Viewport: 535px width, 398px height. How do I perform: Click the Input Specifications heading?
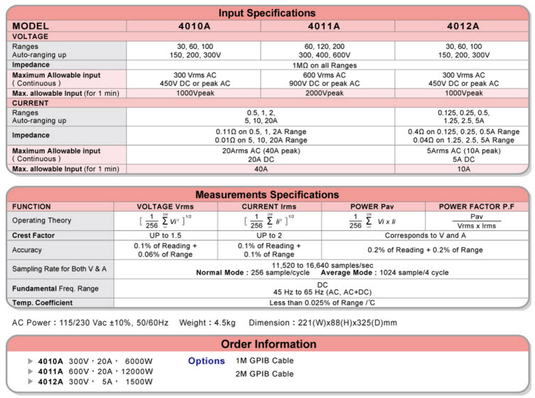pos(267,13)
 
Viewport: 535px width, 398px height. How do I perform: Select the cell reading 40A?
pos(261,169)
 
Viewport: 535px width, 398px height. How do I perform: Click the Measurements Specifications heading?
pos(267,195)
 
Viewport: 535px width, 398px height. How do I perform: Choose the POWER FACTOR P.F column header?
pos(476,206)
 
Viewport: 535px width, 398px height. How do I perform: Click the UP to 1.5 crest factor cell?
pos(165,235)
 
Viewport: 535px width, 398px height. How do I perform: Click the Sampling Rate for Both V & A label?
pos(60,269)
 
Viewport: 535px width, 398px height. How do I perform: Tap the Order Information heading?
pos(267,344)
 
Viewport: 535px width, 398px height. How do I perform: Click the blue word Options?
pos(206,361)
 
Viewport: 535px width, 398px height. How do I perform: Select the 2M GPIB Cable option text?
pos(264,374)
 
